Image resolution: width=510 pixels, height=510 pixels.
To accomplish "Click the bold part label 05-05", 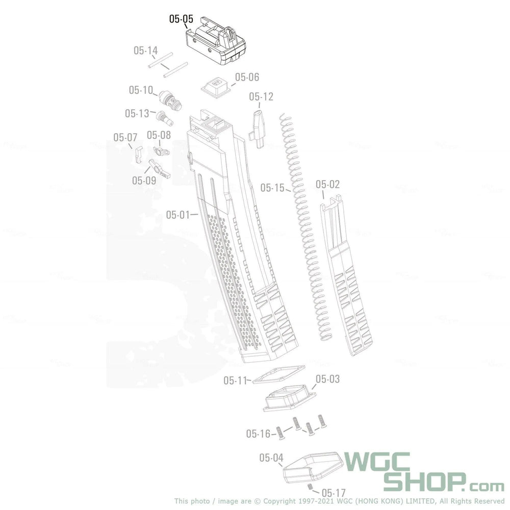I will tap(181, 19).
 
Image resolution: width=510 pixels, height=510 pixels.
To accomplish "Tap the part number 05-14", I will tap(146, 50).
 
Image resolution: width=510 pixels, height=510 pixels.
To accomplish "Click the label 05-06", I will tap(247, 77).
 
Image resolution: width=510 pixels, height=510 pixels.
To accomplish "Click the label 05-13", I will tap(137, 113).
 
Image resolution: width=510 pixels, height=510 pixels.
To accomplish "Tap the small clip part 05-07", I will tap(138, 154).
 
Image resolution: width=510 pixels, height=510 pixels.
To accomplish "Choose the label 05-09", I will tap(144, 180).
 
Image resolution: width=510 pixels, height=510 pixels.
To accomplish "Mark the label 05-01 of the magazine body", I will tap(177, 215).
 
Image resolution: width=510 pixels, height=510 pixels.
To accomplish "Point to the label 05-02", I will tap(327, 184).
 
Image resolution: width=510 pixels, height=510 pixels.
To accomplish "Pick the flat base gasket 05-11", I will tap(278, 374).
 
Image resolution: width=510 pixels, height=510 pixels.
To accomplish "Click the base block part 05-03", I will tap(289, 398).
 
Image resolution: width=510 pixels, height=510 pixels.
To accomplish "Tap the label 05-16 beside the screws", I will tap(259, 434).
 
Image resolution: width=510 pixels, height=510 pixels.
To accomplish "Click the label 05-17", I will tap(334, 493).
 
